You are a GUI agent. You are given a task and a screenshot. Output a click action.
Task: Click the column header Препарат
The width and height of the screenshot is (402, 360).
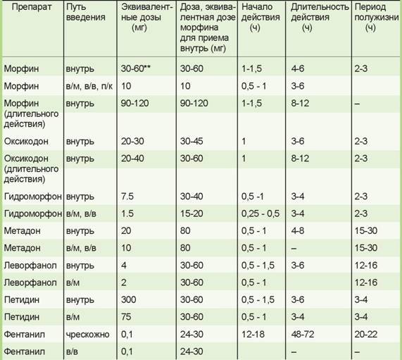(x=32, y=7)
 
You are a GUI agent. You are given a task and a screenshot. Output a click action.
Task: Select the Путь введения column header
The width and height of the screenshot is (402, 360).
(x=86, y=12)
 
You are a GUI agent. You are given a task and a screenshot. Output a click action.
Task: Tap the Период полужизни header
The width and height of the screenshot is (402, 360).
(x=377, y=17)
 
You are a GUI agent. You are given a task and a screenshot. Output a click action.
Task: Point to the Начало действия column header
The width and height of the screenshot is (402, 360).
(x=260, y=17)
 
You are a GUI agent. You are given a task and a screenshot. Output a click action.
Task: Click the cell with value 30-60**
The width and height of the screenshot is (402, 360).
(x=136, y=68)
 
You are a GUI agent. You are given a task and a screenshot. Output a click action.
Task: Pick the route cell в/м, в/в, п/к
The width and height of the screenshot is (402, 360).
(x=89, y=86)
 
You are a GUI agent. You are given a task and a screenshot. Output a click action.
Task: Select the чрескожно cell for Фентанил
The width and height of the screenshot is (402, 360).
(x=88, y=335)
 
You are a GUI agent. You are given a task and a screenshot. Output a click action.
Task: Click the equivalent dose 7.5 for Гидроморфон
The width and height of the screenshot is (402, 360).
(x=127, y=197)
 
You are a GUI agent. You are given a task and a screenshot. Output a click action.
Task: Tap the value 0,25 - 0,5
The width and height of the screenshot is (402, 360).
(x=260, y=213)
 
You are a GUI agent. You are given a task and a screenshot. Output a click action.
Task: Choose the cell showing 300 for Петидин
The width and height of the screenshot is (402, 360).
(x=129, y=299)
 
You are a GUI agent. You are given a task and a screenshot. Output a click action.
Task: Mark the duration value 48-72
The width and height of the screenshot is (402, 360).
(x=303, y=335)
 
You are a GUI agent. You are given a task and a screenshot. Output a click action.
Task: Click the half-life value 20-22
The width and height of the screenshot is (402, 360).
(x=366, y=335)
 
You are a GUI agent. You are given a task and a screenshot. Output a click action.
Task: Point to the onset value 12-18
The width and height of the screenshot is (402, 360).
(x=253, y=335)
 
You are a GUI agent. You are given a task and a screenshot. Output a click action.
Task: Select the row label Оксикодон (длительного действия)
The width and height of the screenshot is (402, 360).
(x=31, y=168)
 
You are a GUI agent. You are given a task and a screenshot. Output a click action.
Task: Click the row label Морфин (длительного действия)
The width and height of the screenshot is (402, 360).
(x=31, y=113)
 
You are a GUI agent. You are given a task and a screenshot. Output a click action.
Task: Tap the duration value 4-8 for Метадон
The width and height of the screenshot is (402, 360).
(x=298, y=230)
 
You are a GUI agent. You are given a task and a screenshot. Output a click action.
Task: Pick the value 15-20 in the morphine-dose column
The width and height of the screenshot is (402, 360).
(x=191, y=213)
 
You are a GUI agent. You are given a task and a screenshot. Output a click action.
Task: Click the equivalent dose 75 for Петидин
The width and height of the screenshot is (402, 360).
(x=126, y=316)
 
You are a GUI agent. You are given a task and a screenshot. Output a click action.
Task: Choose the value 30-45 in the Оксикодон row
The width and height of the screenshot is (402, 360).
(x=191, y=141)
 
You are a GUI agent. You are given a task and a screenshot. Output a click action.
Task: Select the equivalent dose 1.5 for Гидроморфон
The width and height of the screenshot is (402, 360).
(x=127, y=213)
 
